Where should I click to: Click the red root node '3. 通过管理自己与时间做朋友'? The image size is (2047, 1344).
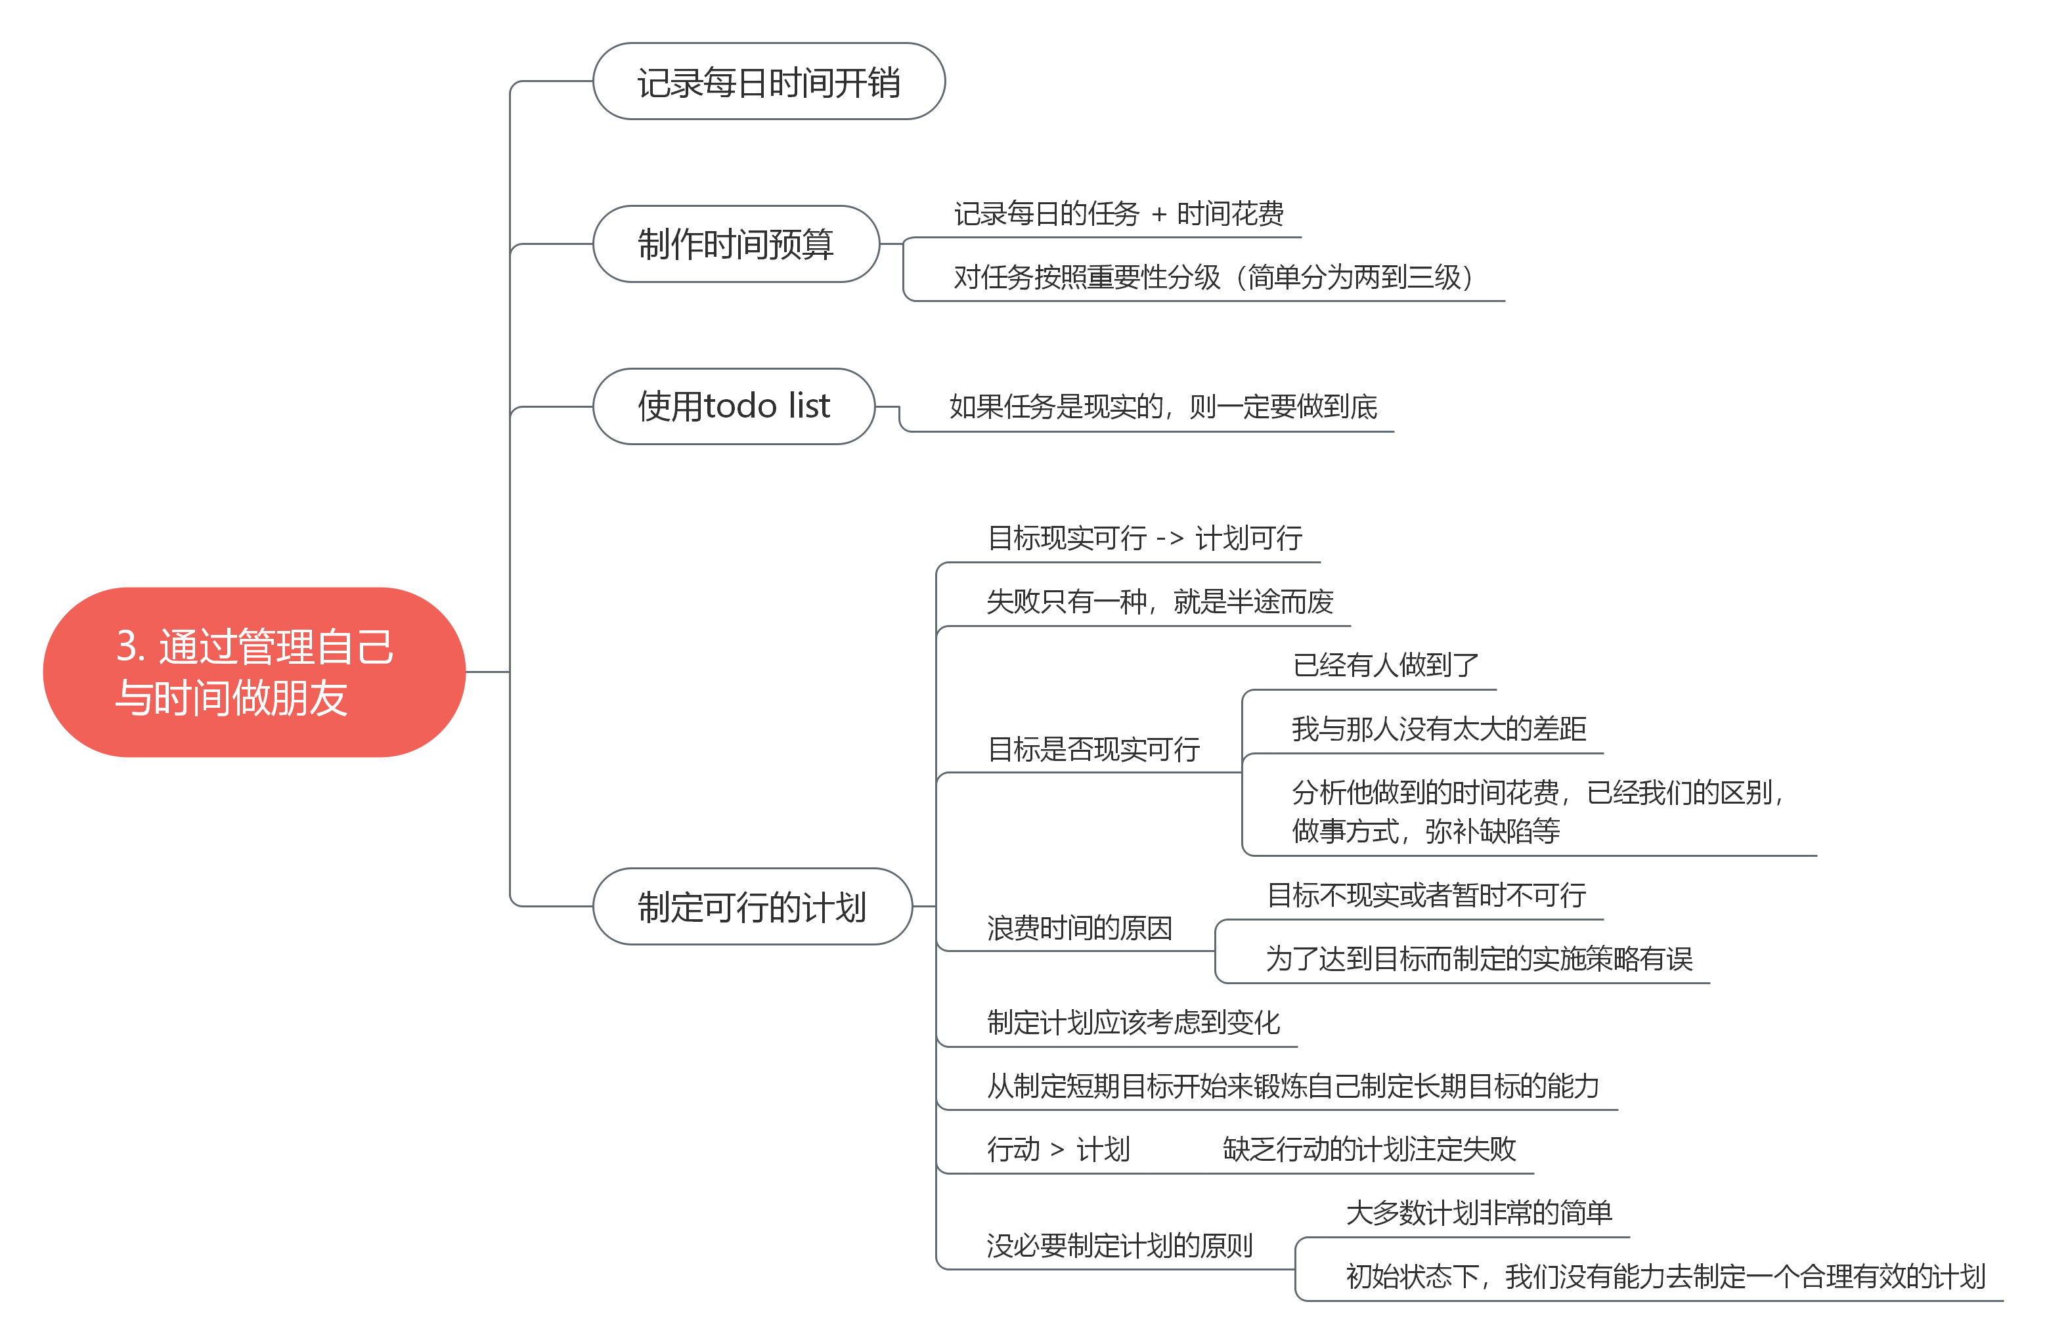coord(253,672)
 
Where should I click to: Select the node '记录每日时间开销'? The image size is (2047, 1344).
coord(768,81)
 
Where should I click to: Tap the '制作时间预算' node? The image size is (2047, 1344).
coord(736,244)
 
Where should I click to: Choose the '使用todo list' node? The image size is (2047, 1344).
coord(734,406)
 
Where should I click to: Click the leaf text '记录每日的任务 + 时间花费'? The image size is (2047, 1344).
coord(1118,213)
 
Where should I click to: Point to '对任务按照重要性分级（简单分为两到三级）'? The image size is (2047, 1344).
coord(1217,277)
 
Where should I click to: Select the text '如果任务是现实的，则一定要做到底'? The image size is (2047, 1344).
coord(1163,406)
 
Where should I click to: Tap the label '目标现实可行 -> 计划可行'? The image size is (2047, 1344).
coord(1144,538)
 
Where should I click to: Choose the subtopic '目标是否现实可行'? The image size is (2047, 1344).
coord(1093,749)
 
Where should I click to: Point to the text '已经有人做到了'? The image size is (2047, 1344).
coord(1385,664)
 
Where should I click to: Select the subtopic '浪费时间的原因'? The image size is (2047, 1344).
coord(1080,928)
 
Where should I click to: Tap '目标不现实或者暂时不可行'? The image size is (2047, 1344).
coord(1426,895)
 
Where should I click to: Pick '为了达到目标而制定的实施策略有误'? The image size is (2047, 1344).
coord(1478,959)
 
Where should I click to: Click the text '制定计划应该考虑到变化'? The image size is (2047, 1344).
coord(1133,1022)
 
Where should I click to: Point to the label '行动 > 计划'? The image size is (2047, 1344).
coord(1058,1150)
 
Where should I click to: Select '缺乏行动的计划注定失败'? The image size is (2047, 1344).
coord(1369,1150)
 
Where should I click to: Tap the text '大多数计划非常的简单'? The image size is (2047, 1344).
coord(1478,1213)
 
